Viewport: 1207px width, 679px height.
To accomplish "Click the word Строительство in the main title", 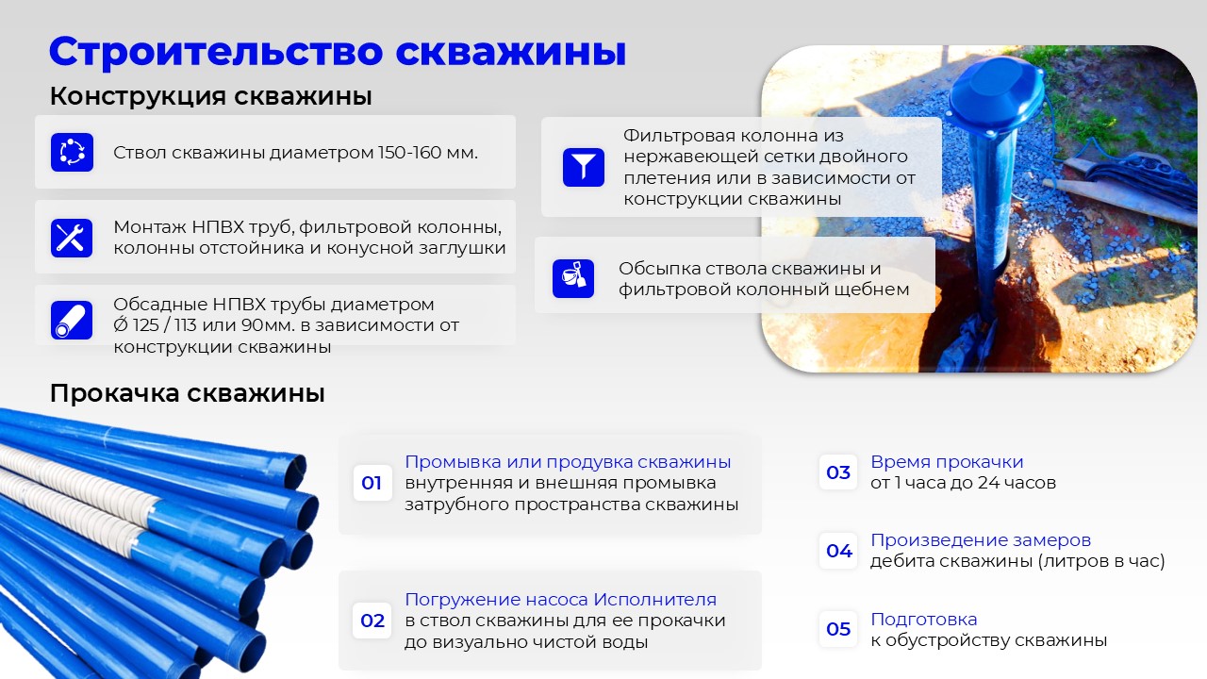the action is [216, 52].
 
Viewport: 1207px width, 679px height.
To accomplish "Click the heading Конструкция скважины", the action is [210, 96].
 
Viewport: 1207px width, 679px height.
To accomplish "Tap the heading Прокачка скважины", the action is [187, 393].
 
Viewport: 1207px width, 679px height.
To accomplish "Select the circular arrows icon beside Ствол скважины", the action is [73, 153].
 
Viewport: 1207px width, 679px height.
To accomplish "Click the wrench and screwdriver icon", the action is [72, 238].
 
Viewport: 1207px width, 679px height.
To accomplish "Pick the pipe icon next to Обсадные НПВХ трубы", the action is [72, 320].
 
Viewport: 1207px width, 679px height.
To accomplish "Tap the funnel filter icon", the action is [584, 167].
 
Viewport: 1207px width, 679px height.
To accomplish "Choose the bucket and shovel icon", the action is [573, 278].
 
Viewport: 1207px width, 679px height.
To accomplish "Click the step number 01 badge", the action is [372, 483].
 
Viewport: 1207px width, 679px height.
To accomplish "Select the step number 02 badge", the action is [372, 621].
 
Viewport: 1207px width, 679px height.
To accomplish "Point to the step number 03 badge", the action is [838, 472].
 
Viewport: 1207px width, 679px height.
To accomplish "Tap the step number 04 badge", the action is [838, 551].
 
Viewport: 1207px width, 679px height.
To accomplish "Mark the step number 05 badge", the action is [838, 629].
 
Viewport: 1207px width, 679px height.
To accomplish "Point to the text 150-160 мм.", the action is [428, 153].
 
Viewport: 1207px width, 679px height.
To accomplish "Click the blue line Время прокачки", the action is [947, 462].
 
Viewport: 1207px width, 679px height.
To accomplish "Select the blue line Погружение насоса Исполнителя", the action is [560, 599].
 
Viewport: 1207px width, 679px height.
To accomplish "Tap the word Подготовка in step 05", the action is [923, 620].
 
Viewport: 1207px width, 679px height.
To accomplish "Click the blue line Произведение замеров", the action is [981, 540].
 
